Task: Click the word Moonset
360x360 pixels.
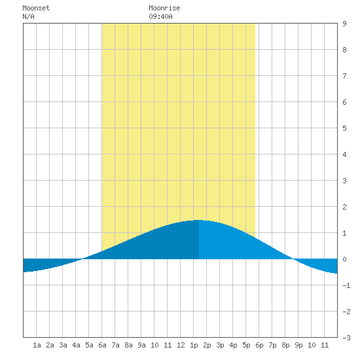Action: click(36, 8)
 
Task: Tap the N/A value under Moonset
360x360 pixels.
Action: click(28, 16)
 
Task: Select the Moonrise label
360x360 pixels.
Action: click(164, 8)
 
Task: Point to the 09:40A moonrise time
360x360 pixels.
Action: click(160, 16)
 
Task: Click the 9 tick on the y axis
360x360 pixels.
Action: click(344, 24)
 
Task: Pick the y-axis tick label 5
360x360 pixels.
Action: click(344, 128)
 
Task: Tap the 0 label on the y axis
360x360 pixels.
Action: click(344, 259)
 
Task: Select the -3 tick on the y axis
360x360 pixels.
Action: click(346, 338)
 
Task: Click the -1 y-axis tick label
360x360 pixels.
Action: click(346, 285)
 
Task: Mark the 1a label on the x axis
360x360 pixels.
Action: click(37, 345)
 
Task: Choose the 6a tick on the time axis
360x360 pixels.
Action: click(102, 345)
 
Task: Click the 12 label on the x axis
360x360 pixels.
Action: click(181, 345)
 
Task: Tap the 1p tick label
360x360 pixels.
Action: click(194, 345)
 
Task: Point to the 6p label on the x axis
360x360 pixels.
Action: click(259, 345)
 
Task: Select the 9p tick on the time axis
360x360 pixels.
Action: click(298, 345)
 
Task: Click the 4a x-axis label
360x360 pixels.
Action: click(76, 345)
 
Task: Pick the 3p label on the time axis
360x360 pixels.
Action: click(220, 345)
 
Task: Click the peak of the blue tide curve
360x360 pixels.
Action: click(199, 220)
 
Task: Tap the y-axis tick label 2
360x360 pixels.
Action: click(344, 207)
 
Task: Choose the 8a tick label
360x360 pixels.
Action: click(128, 345)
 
